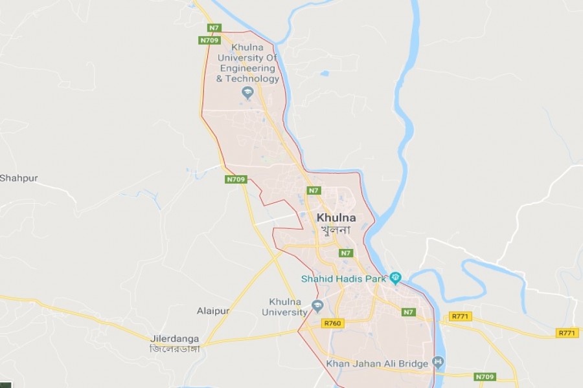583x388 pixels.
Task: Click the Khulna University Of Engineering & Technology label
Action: point(249,63)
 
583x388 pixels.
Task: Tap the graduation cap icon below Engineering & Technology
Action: point(247,93)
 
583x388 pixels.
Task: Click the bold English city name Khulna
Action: point(336,218)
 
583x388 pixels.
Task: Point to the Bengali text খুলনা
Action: point(334,230)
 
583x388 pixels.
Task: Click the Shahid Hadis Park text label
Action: point(343,279)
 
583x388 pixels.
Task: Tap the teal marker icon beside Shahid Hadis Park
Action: point(395,279)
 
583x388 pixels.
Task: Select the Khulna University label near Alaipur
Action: point(284,307)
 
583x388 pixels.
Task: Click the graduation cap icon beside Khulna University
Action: point(317,306)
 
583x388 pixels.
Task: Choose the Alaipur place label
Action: point(213,311)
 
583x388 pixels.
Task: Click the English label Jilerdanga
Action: point(174,339)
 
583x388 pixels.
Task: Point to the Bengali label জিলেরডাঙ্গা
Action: point(174,349)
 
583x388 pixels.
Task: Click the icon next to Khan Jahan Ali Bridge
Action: point(439,361)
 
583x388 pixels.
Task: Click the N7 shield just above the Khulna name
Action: point(314,190)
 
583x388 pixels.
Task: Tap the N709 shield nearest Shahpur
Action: point(236,179)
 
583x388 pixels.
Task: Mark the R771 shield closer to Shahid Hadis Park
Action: point(461,316)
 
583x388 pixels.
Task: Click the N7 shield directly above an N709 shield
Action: point(214,28)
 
